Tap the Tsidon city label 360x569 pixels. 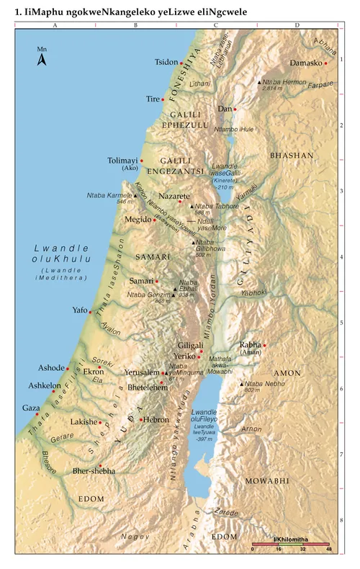[166, 62]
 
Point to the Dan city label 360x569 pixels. [224, 109]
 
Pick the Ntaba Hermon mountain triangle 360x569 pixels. [260, 83]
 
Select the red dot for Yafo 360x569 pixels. [90, 312]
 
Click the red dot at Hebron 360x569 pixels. [141, 419]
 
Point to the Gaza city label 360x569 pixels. [31, 408]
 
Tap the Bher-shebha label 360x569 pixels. [94, 471]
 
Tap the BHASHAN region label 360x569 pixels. [292, 155]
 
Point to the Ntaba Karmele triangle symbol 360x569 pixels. [135, 195]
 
